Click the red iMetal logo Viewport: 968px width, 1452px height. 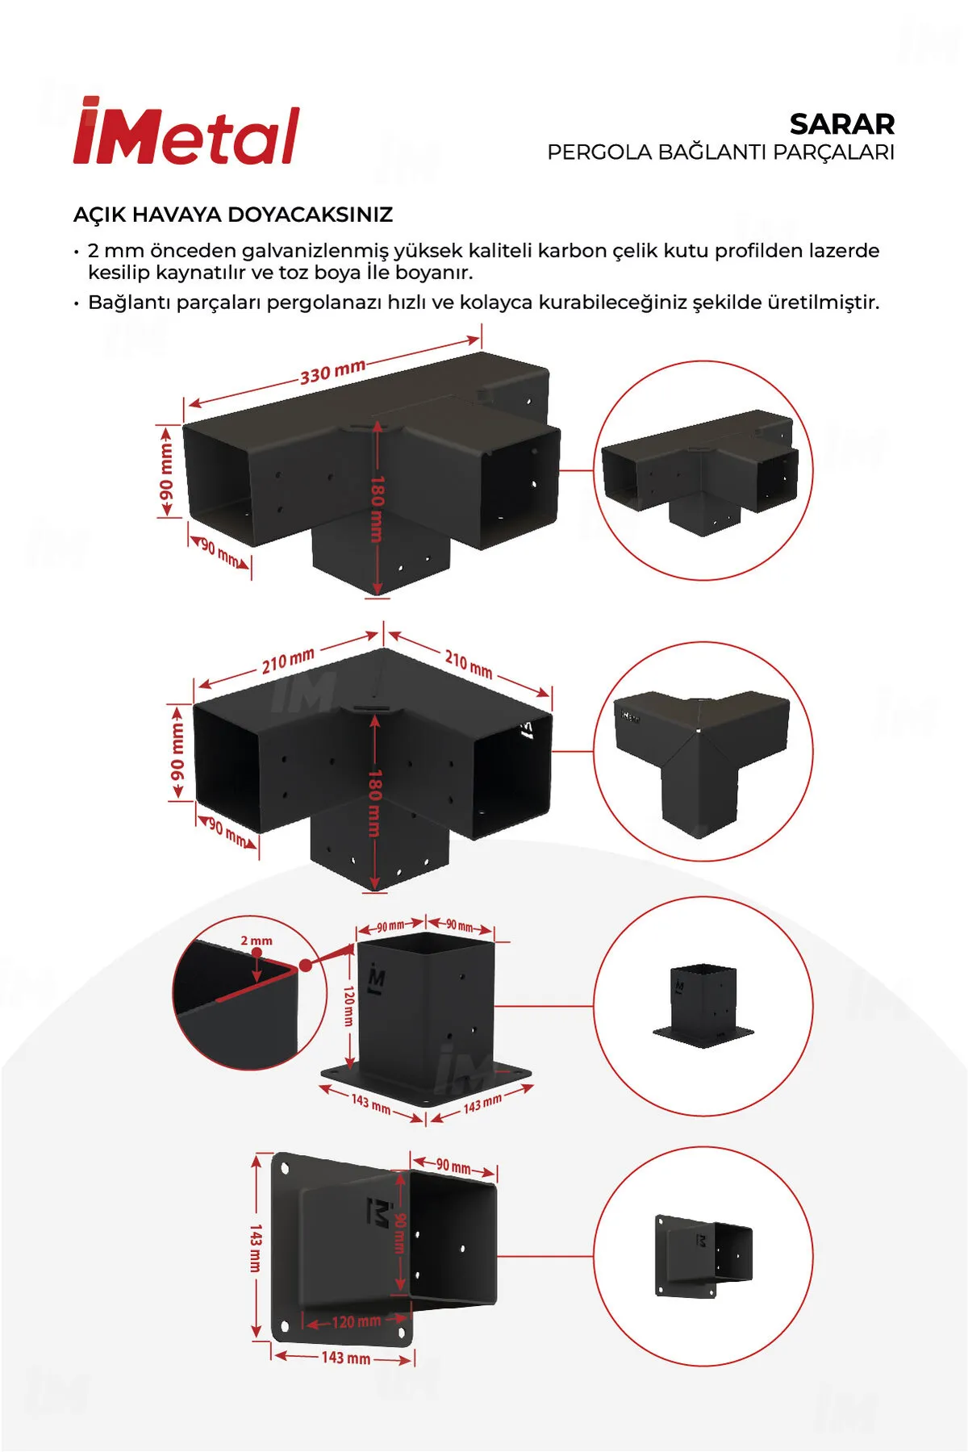pyautogui.click(x=186, y=131)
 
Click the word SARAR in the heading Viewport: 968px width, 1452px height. pyautogui.click(x=842, y=124)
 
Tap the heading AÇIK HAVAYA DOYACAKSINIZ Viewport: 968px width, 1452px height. pyautogui.click(x=233, y=215)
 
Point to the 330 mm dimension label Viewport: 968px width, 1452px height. pyautogui.click(x=332, y=372)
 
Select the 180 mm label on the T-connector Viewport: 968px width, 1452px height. pyautogui.click(x=377, y=508)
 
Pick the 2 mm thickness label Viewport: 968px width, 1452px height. pyautogui.click(x=257, y=941)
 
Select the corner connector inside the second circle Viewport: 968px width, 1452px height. pyautogui.click(x=701, y=754)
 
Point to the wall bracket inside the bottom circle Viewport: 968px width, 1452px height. pyautogui.click(x=703, y=1256)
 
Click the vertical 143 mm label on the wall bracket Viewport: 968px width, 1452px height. pyautogui.click(x=256, y=1248)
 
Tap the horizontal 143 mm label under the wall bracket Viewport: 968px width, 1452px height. pyautogui.click(x=346, y=1358)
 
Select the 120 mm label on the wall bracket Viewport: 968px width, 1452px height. pyautogui.click(x=356, y=1321)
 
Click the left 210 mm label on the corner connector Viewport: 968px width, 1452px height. pyautogui.click(x=288, y=661)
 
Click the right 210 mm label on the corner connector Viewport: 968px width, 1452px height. pyautogui.click(x=469, y=664)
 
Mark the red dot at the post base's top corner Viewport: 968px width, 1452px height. pyautogui.click(x=305, y=965)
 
